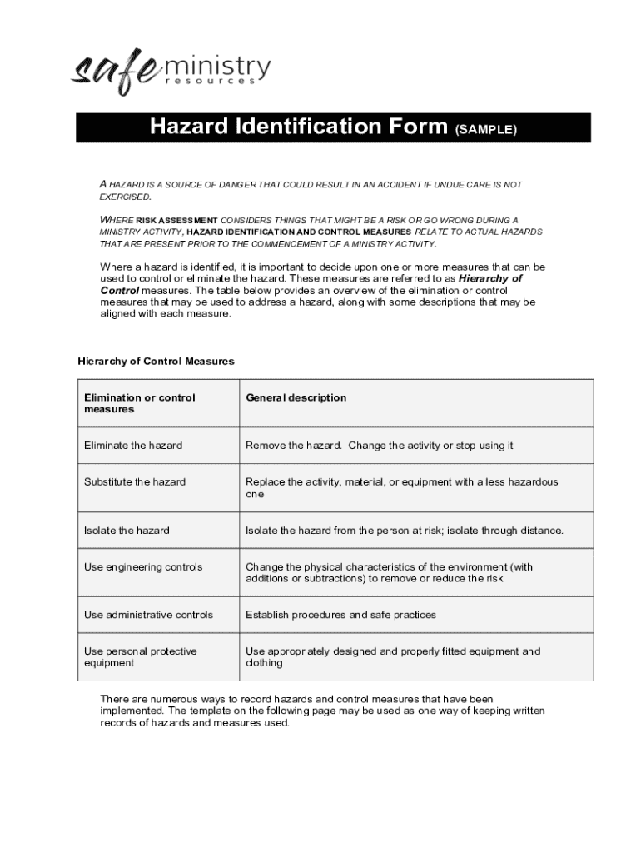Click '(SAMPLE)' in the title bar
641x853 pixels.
point(486,130)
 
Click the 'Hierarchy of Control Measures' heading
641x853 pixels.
point(156,362)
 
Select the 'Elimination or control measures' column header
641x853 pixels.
point(139,403)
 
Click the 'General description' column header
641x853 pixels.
point(296,397)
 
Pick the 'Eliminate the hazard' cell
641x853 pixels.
point(133,446)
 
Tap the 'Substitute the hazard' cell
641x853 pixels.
point(135,482)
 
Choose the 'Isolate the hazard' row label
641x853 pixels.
point(127,531)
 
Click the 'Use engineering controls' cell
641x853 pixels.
point(143,567)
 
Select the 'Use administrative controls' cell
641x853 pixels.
point(148,615)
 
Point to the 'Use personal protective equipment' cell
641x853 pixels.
point(140,657)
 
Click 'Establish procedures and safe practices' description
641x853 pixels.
point(340,615)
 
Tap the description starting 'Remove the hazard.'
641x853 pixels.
point(379,446)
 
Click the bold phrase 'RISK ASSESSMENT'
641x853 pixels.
point(177,220)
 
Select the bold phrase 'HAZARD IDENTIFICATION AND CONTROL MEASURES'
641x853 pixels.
point(299,232)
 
